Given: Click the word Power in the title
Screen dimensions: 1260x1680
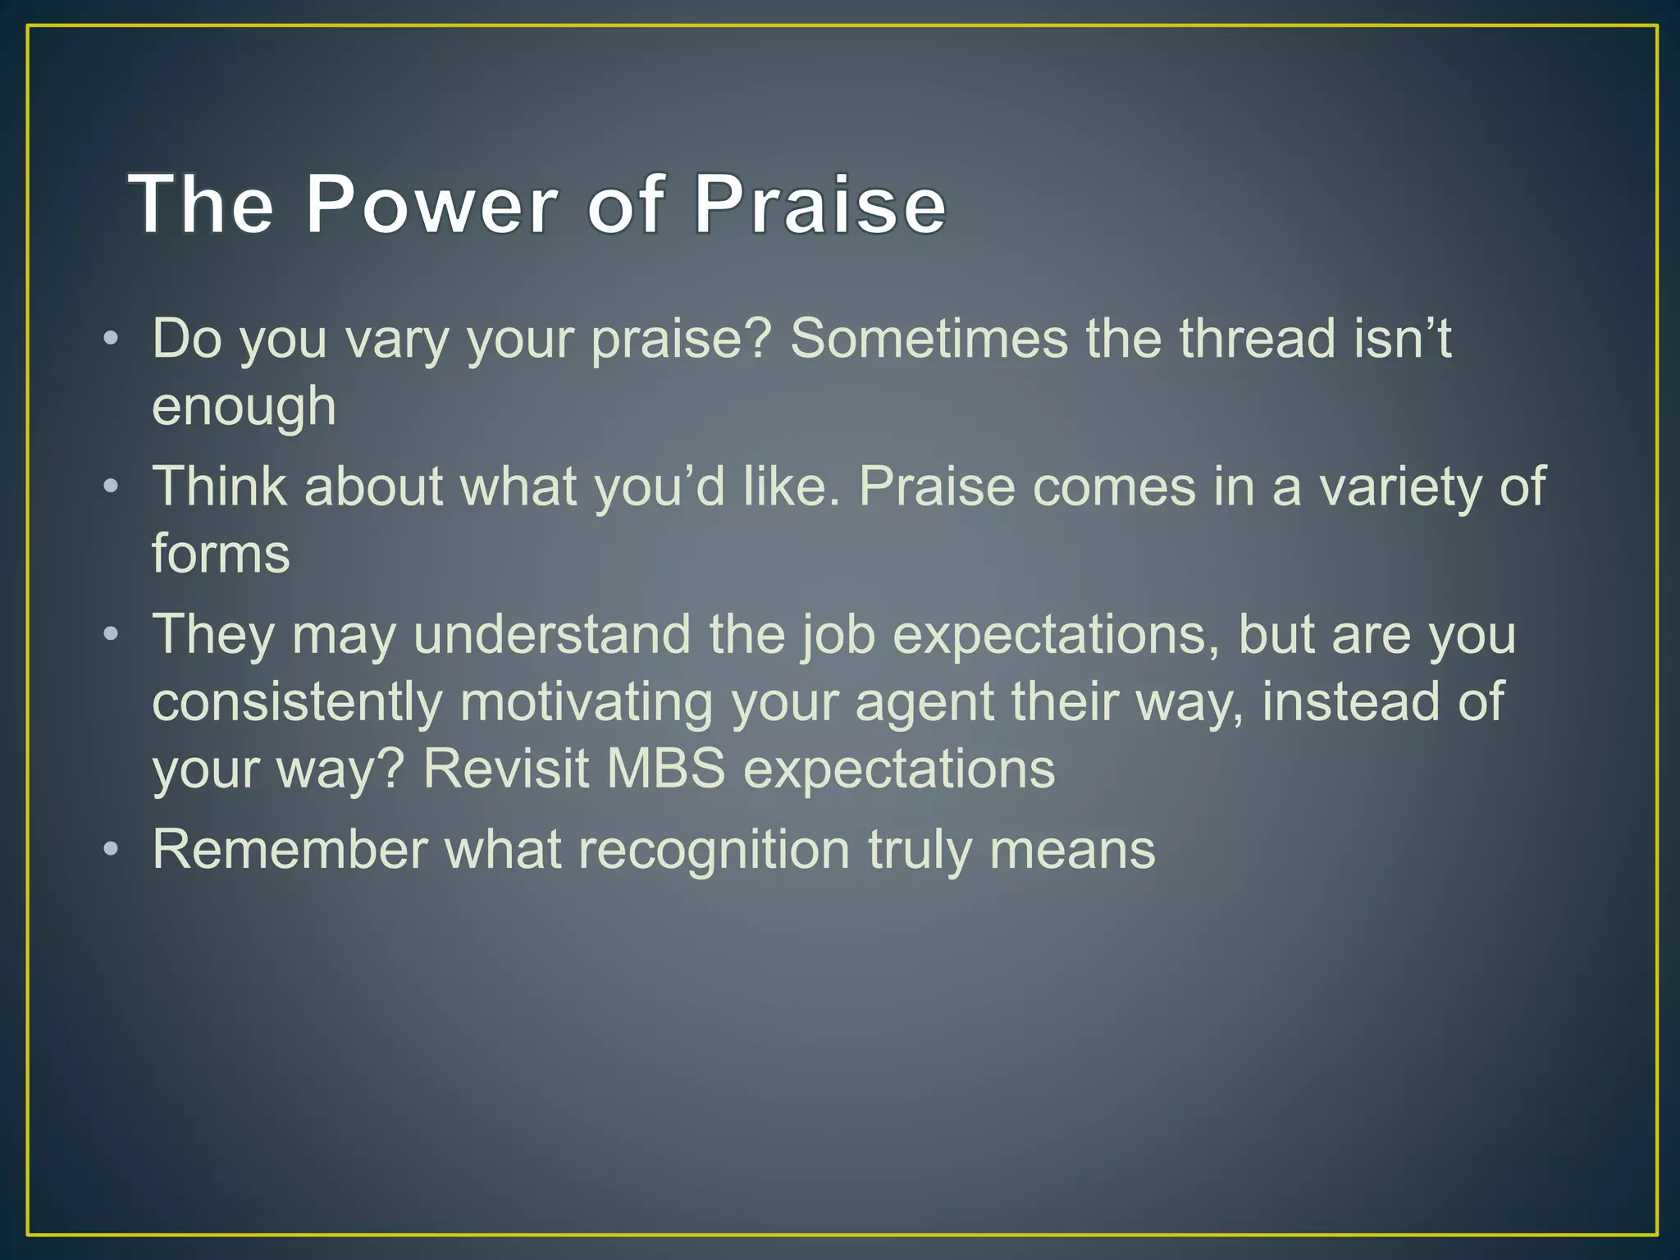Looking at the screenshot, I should pyautogui.click(x=431, y=204).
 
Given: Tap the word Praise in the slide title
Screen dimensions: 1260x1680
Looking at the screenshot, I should pyautogui.click(x=819, y=204).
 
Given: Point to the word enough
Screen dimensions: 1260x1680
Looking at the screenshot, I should pyautogui.click(x=244, y=408).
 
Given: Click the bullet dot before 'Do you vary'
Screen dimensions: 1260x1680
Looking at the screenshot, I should pyautogui.click(x=111, y=339).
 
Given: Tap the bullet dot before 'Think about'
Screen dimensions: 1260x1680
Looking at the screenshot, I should pyautogui.click(x=111, y=487).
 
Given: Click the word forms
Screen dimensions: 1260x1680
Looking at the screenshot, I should pyautogui.click(x=221, y=554).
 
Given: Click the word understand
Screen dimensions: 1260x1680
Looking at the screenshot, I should pyautogui.click(x=552, y=635).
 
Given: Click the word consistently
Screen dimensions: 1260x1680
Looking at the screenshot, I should pyautogui.click(x=297, y=703).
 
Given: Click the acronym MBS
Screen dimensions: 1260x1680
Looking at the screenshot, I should pyautogui.click(x=666, y=769).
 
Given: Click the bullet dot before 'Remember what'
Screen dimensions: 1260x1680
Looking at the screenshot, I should pyautogui.click(x=111, y=849).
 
